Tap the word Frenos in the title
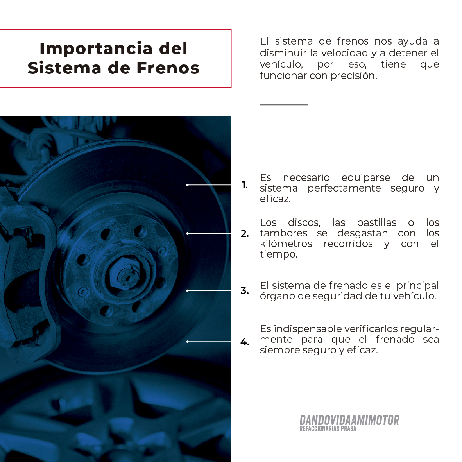(168, 68)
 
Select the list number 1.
(245, 185)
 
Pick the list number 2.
(245, 233)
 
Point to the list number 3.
(245, 290)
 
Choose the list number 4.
(245, 342)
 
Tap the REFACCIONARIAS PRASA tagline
(328, 429)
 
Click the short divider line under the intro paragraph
(284, 105)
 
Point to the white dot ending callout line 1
(187, 185)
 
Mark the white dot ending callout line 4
(187, 342)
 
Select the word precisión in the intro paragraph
(354, 76)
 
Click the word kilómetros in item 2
(286, 244)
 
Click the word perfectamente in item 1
(344, 188)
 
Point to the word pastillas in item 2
(376, 223)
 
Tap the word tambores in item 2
(283, 233)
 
